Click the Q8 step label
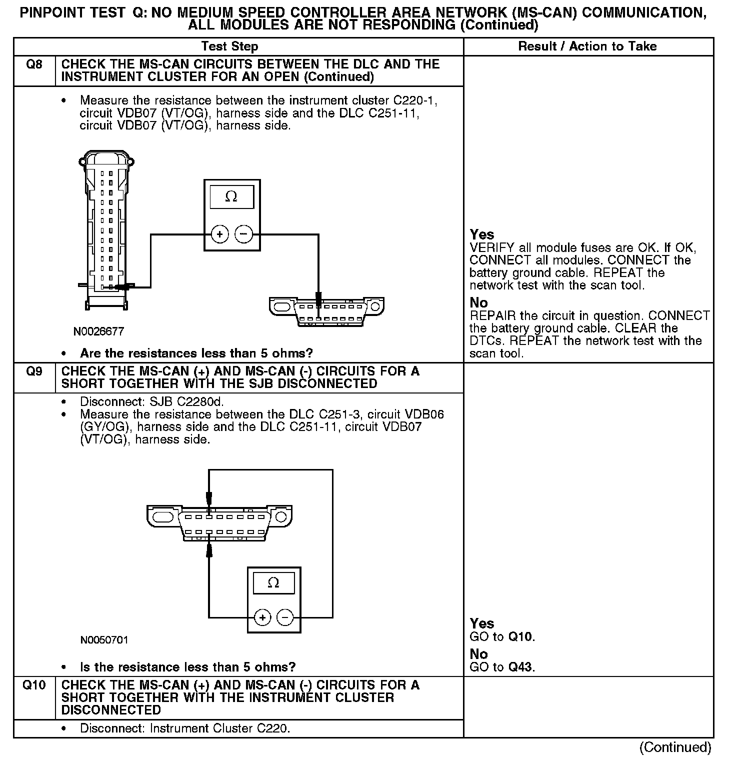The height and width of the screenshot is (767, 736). pos(33,64)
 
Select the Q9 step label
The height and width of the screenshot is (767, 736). pos(33,371)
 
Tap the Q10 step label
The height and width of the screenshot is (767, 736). pos(33,685)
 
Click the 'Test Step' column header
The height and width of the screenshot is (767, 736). pos(229,46)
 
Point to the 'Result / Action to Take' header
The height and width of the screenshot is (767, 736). pos(587,46)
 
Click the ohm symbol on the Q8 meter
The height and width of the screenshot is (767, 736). pos(231,197)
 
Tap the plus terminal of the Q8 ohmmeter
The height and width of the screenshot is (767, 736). pos(219,234)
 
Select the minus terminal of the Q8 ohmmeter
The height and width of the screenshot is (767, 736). pos(243,234)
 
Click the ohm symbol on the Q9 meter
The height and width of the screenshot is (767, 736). pos(273,583)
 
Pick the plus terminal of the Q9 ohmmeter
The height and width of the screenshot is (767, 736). pos(262,618)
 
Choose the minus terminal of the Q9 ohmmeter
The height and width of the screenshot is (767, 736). pos(285,618)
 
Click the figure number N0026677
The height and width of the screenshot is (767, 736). pos(98,331)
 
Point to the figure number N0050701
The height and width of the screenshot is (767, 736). pos(104,640)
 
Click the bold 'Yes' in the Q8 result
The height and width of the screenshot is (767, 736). pos(482,234)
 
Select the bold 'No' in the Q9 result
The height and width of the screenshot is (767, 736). pos(478,654)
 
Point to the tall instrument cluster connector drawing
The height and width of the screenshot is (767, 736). pos(106,230)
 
